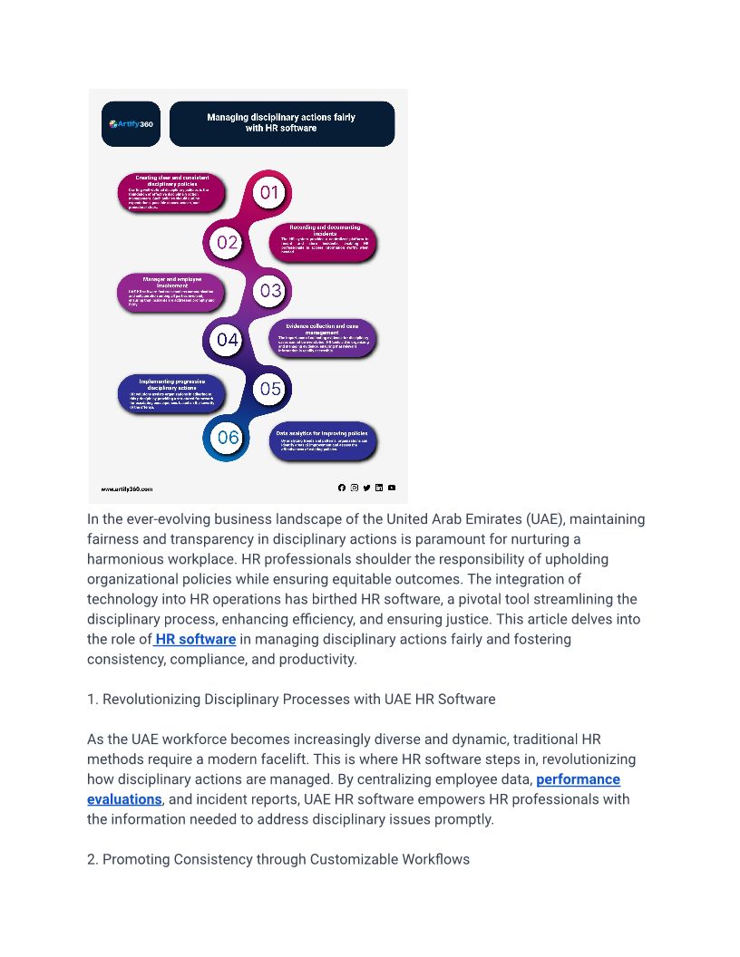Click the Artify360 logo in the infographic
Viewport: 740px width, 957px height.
(131, 124)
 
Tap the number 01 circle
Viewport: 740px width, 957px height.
(269, 192)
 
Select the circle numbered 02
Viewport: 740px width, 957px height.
(227, 242)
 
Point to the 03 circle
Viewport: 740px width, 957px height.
(270, 291)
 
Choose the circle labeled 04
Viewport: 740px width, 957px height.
(227, 340)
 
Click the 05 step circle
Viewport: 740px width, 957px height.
(270, 389)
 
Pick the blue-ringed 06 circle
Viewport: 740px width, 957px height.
(227, 438)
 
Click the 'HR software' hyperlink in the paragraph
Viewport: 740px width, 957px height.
(196, 639)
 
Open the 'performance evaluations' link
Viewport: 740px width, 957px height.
(578, 779)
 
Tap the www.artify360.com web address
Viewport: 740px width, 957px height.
(127, 488)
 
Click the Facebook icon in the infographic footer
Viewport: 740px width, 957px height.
(342, 488)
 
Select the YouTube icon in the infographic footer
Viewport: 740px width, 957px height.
(392, 488)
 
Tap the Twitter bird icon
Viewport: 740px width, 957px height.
(366, 488)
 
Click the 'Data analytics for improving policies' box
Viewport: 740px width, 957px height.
(322, 440)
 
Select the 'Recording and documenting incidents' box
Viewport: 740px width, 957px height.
(324, 242)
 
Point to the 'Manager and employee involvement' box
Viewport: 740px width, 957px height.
(171, 291)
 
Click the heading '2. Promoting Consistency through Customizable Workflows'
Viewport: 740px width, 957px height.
(278, 859)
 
